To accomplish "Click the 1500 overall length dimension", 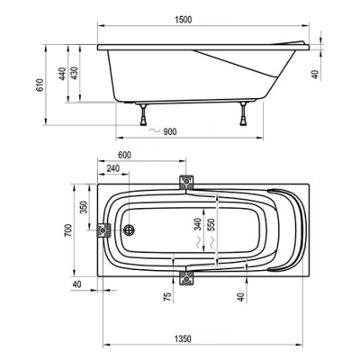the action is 183,20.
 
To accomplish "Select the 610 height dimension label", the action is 40,85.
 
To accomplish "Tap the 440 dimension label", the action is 62,74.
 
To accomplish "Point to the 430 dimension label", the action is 74,73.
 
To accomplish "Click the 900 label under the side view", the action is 170,131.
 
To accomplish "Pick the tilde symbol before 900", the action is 155,130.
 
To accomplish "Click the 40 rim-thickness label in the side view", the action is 315,74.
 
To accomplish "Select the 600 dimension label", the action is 124,155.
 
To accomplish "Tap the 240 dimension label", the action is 113,168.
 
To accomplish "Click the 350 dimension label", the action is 84,207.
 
